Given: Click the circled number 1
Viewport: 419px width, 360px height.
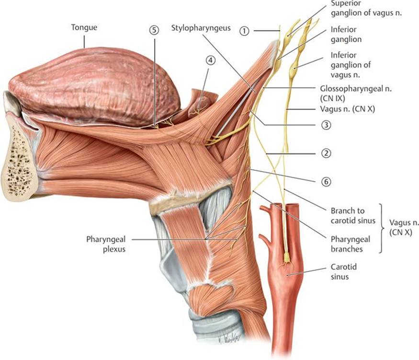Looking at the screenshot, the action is pyautogui.click(x=244, y=31).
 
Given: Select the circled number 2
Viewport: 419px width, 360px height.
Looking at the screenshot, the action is pyautogui.click(x=326, y=153).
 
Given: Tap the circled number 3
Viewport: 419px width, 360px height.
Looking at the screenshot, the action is pyautogui.click(x=326, y=125).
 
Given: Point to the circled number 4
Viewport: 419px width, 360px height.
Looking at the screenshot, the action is pyautogui.click(x=211, y=60).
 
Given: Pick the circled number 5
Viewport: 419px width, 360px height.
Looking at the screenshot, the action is pyautogui.click(x=154, y=30).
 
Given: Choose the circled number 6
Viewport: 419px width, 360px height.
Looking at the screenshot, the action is pyautogui.click(x=326, y=182).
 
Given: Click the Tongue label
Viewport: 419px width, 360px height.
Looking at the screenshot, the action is pyautogui.click(x=84, y=27).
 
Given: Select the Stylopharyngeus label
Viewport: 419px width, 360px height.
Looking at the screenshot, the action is pyautogui.click(x=201, y=28).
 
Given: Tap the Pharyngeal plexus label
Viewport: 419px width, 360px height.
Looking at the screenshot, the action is pyautogui.click(x=106, y=244).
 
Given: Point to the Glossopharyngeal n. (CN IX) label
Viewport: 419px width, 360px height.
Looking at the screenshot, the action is pyautogui.click(x=356, y=93).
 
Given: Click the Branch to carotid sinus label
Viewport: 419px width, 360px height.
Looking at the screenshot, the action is pyautogui.click(x=353, y=216).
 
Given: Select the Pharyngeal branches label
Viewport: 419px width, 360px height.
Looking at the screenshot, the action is pyautogui.click(x=351, y=244).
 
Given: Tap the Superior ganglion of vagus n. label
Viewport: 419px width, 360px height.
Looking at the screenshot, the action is pyautogui.click(x=366, y=9).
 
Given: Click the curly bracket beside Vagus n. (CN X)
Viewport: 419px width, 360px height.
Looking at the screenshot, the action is pyautogui.click(x=382, y=228).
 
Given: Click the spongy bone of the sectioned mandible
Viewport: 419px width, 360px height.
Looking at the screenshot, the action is pyautogui.click(x=19, y=163).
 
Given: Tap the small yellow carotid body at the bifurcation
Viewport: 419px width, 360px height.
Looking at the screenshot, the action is pyautogui.click(x=286, y=258).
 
